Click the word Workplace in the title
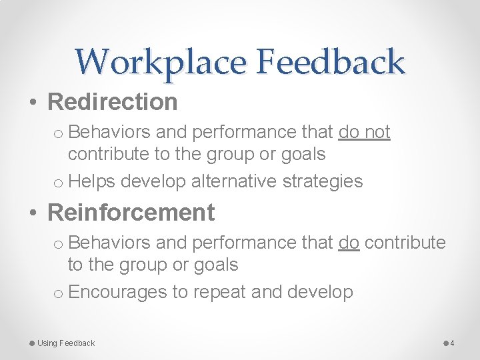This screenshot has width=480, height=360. coord(160,62)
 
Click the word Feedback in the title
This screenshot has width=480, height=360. coord(330,62)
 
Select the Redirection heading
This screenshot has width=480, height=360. coord(113,102)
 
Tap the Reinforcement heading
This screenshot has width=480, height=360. coord(131,213)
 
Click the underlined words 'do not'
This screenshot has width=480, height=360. coord(364,133)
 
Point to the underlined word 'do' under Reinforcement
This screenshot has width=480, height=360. coord(349,243)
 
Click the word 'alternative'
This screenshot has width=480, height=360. coord(235,181)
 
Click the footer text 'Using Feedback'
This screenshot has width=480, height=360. coord(66,343)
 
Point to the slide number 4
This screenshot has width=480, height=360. coord(452,343)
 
